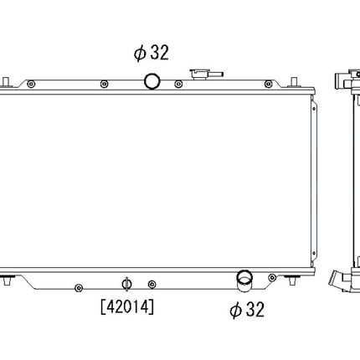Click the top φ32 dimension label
(152, 53)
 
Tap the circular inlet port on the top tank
(152, 81)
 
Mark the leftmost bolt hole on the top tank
(31, 85)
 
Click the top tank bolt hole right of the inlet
(178, 85)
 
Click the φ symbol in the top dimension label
(139, 53)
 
